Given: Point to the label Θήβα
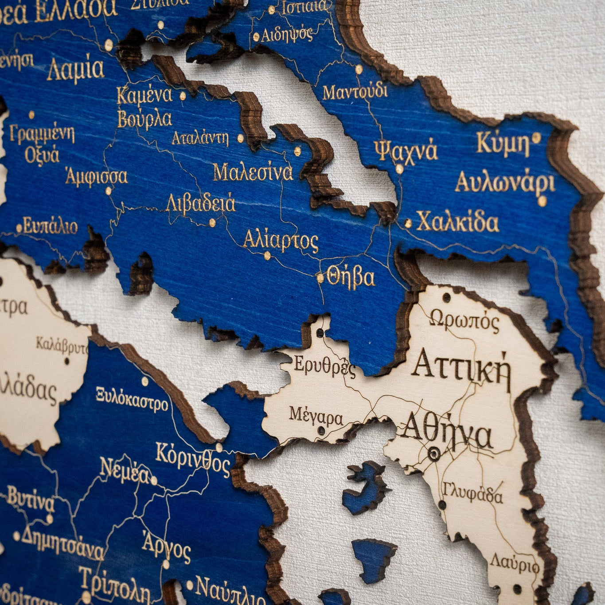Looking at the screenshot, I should pos(351,277).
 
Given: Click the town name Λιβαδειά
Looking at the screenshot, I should pos(200,204).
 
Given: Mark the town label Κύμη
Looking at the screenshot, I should pos(503,143).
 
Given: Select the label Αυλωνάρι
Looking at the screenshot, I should pos(505,183).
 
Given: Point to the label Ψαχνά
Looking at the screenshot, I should pos(406,151).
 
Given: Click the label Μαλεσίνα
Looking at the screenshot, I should pos(253,172).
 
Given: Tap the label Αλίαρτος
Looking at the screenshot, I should pos(281,241).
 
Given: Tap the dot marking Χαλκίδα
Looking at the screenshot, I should pos(408,223).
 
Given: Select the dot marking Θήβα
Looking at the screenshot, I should pos(320,278).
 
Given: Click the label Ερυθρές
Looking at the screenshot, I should pos(325,366).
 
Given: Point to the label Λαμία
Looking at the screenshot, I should pos(76,70).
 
